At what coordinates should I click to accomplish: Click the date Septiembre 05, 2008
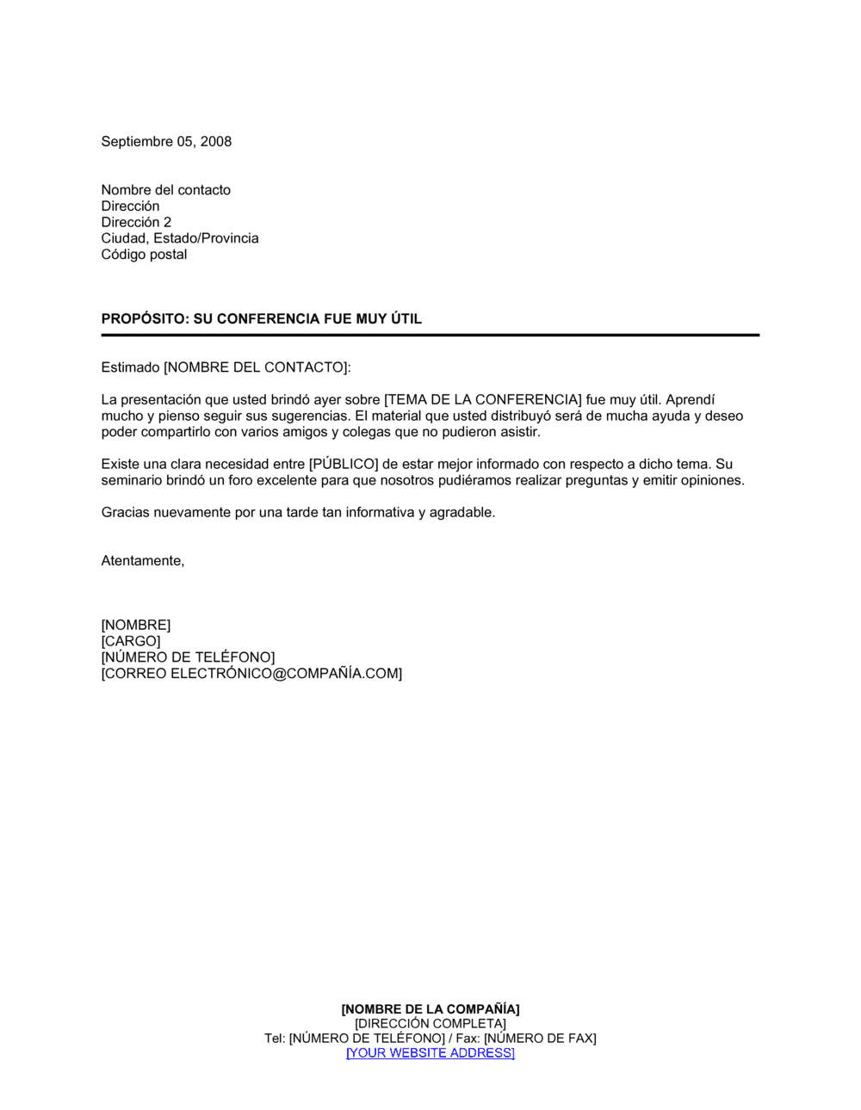166,142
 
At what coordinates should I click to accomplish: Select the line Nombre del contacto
166,190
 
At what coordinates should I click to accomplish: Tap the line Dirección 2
136,222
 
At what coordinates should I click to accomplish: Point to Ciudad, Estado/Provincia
180,238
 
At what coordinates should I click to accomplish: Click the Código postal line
144,255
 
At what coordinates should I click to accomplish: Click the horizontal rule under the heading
430,335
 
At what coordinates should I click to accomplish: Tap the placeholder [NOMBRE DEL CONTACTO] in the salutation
257,367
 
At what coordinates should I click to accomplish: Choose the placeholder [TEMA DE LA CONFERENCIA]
482,400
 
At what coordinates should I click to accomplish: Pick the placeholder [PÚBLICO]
344,465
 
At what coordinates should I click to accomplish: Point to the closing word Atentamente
142,561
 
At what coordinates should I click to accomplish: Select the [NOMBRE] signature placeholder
136,625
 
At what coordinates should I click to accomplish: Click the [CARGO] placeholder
131,641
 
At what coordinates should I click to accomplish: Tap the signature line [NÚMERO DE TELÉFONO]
188,657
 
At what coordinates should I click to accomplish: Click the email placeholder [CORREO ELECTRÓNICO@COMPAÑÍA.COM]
251,674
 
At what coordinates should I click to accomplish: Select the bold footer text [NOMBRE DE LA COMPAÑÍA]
430,1009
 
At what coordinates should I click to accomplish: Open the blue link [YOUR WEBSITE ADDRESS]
430,1053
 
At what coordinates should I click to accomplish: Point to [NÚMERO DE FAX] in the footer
540,1039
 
